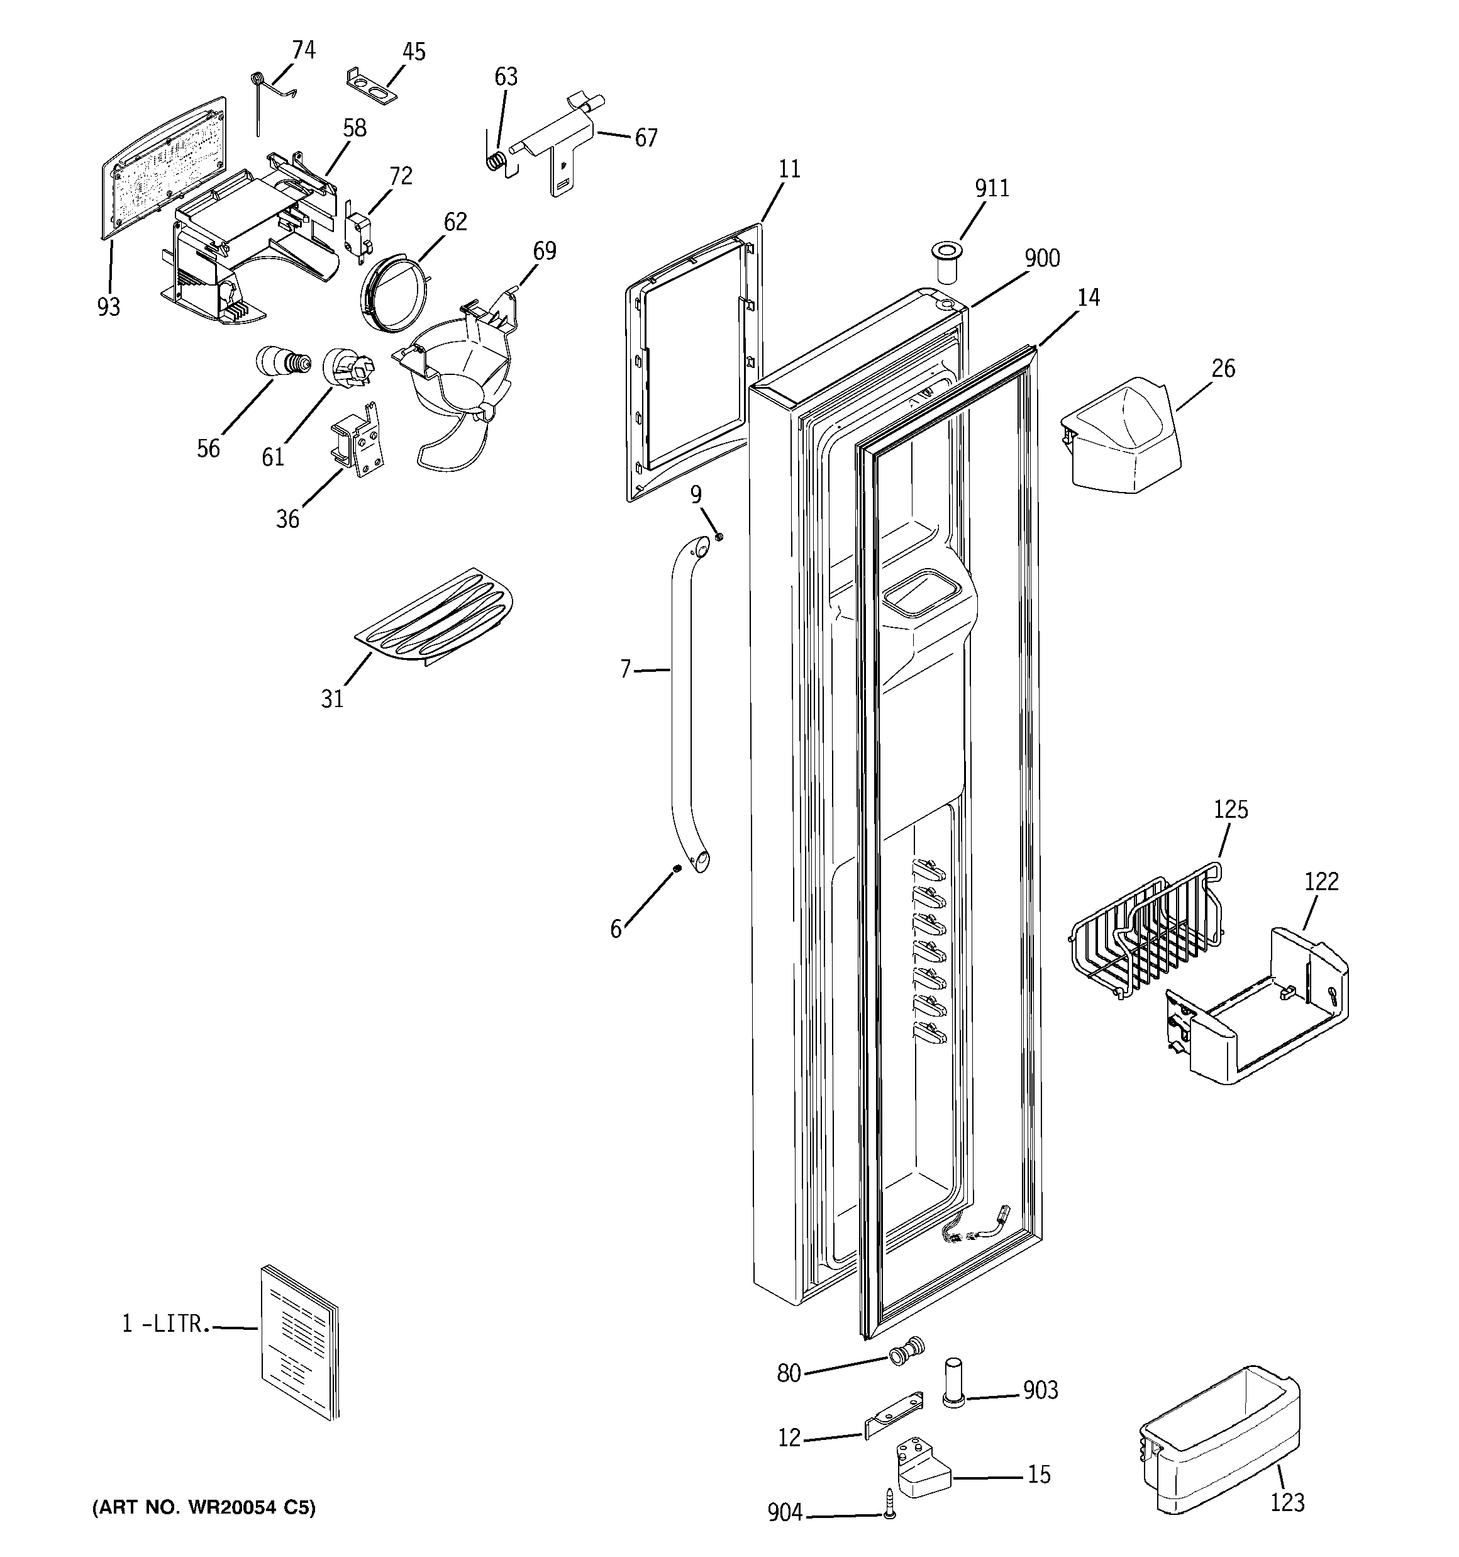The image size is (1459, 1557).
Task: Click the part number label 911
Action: [992, 189]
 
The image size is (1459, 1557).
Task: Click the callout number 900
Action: [1041, 259]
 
